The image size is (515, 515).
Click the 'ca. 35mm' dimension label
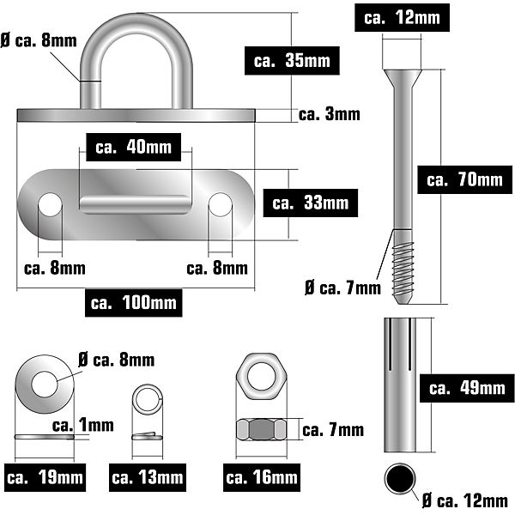point(292,61)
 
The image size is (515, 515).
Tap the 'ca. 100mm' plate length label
point(134,302)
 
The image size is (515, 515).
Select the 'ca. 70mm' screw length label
point(464,179)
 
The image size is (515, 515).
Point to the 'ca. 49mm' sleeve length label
point(467,388)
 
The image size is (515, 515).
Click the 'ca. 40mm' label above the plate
point(133,147)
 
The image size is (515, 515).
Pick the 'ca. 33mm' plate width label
point(311,203)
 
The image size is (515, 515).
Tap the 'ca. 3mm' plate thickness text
point(330,114)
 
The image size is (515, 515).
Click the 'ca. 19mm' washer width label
point(45,477)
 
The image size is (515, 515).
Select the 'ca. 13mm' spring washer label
point(148,477)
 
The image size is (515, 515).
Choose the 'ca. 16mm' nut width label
point(262,477)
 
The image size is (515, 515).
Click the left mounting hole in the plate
point(50,204)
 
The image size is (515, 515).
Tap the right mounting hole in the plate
point(221,204)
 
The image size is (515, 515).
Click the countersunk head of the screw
point(403,79)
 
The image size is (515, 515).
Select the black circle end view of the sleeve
point(400,479)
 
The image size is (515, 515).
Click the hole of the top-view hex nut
point(261,377)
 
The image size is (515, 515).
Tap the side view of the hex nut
point(262,429)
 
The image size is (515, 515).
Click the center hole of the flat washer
point(45,385)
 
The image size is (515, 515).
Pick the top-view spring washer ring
point(148,400)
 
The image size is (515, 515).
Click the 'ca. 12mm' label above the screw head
point(402,18)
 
